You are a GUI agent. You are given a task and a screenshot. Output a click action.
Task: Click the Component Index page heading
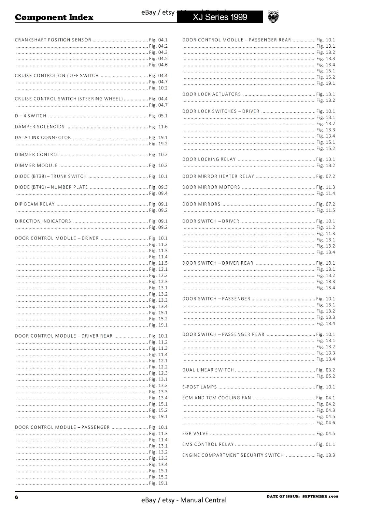coord(54,17)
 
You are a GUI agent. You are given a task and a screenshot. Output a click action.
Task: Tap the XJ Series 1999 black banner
coord(220,17)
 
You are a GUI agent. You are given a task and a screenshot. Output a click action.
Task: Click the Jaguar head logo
coord(273,17)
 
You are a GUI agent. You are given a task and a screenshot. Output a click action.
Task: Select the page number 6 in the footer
coord(17,497)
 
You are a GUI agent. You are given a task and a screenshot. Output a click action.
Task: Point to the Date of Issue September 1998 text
coord(302,497)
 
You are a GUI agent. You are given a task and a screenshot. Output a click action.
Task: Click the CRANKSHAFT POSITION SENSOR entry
coord(53,40)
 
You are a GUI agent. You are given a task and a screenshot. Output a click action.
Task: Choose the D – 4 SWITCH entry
coord(31,116)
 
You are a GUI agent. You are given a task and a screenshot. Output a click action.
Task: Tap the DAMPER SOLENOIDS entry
coord(40,127)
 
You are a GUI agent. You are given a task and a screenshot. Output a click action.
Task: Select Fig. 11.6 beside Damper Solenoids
coord(158,127)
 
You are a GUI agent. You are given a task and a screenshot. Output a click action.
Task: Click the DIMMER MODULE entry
coord(36,165)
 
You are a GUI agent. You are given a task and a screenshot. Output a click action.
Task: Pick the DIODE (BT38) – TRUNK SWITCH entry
coord(51,176)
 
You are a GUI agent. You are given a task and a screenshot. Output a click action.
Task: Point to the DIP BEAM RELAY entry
coord(35,204)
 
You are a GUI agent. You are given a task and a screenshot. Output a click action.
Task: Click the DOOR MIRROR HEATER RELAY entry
coord(218,176)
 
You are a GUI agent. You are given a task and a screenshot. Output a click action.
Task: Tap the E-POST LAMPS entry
coord(200,387)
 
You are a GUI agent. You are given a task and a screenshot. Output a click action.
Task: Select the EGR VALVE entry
coord(195,434)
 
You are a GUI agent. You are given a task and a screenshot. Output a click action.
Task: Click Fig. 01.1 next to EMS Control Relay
coord(326,444)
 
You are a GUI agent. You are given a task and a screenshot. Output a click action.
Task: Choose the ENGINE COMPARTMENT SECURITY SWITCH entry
coord(233,455)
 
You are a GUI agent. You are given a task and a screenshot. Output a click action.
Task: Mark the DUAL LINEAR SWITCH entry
coord(208,370)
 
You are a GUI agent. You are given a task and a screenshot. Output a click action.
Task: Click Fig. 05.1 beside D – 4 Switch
coord(158,116)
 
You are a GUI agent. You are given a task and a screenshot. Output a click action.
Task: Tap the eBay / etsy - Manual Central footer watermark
coord(184,500)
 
